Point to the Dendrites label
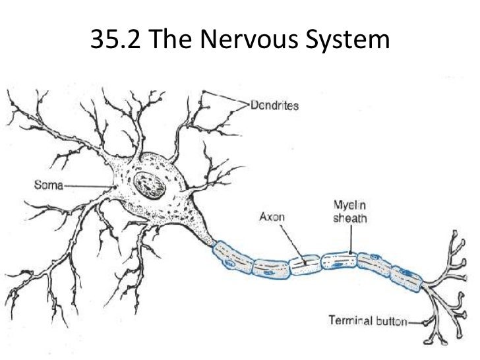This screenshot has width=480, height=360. point(275,104)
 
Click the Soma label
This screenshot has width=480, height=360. point(48,184)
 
